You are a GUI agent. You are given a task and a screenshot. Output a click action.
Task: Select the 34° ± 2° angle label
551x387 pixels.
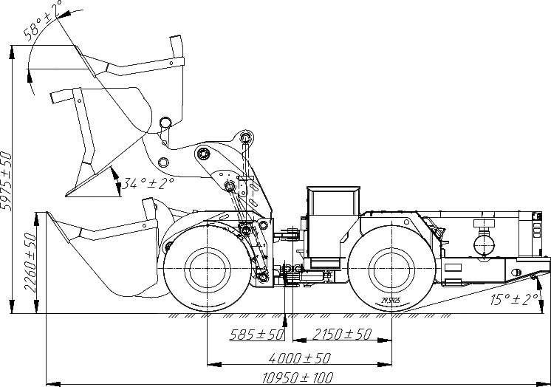[x=148, y=182]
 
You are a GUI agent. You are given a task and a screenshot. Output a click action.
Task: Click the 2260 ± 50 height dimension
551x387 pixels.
[x=30, y=262]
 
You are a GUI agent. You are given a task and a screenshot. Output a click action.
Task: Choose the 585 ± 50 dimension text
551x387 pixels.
[x=257, y=335]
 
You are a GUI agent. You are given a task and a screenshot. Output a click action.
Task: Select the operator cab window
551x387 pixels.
[x=333, y=205]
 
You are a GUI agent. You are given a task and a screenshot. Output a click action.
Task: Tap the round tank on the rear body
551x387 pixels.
[x=485, y=242]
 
